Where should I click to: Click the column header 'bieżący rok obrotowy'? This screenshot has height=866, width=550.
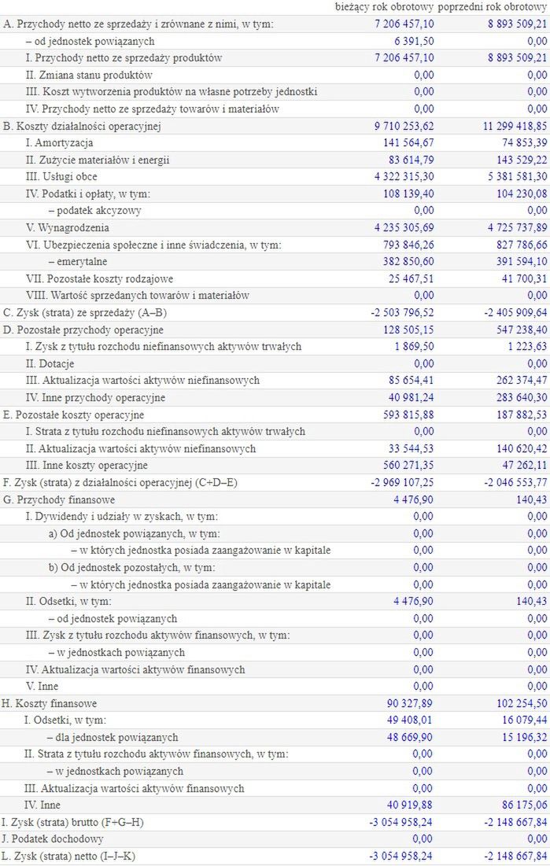[x=384, y=7]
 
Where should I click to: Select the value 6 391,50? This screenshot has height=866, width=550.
[x=412, y=41]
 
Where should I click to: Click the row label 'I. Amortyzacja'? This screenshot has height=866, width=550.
[x=59, y=143]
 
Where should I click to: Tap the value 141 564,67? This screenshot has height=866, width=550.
[x=405, y=143]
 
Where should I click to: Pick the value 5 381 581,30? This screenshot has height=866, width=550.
[x=511, y=177]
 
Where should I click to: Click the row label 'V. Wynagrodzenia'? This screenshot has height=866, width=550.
[x=67, y=228]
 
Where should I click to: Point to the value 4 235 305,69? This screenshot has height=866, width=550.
[x=401, y=228]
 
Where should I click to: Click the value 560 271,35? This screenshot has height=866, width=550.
[x=405, y=466]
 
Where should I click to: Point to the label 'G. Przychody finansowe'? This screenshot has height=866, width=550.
[x=59, y=499]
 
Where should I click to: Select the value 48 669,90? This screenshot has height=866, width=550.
[x=408, y=738]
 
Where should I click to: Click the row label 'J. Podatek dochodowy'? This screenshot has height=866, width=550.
[x=53, y=839]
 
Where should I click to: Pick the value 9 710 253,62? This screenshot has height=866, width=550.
[x=401, y=126]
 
